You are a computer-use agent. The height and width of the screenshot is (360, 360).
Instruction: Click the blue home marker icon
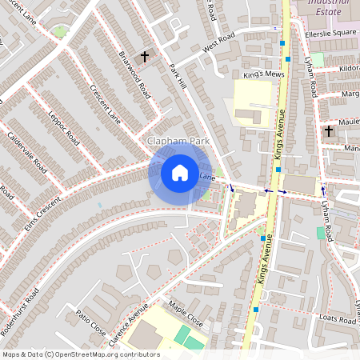180,173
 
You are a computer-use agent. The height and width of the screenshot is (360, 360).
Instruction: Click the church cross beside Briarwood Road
145,56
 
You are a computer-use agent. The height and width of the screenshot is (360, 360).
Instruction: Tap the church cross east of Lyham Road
328,130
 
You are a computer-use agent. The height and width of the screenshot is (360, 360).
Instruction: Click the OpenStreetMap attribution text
80,354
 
